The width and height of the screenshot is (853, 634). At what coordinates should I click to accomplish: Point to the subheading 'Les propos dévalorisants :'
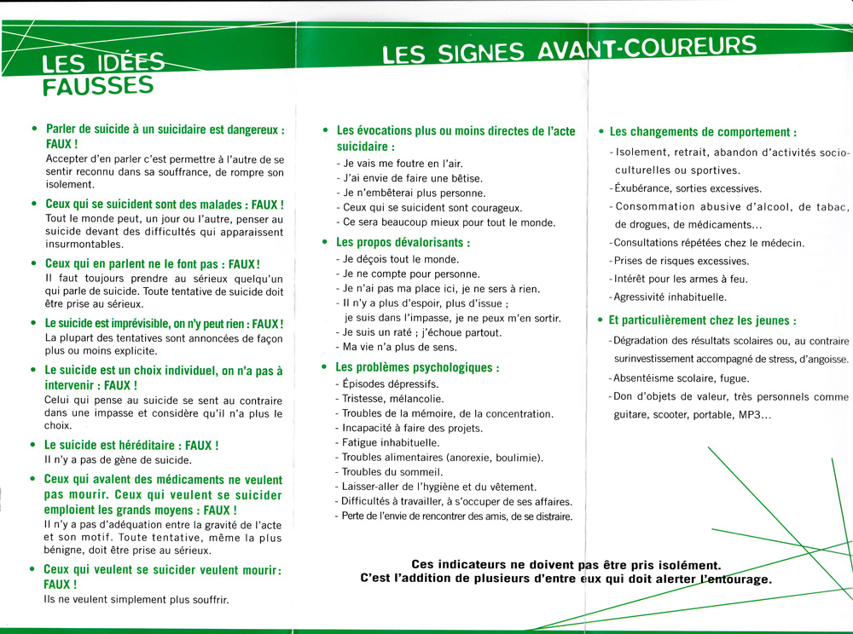(x=403, y=243)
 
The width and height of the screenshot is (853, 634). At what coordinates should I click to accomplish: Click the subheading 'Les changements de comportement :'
(x=703, y=132)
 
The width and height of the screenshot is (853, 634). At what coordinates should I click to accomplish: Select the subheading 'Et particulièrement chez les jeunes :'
(x=703, y=320)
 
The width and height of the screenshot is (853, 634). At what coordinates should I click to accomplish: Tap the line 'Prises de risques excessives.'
(x=680, y=261)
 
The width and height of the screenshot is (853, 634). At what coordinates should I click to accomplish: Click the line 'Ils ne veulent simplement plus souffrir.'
(x=136, y=600)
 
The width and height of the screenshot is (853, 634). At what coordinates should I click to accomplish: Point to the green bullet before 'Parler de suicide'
(x=33, y=130)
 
